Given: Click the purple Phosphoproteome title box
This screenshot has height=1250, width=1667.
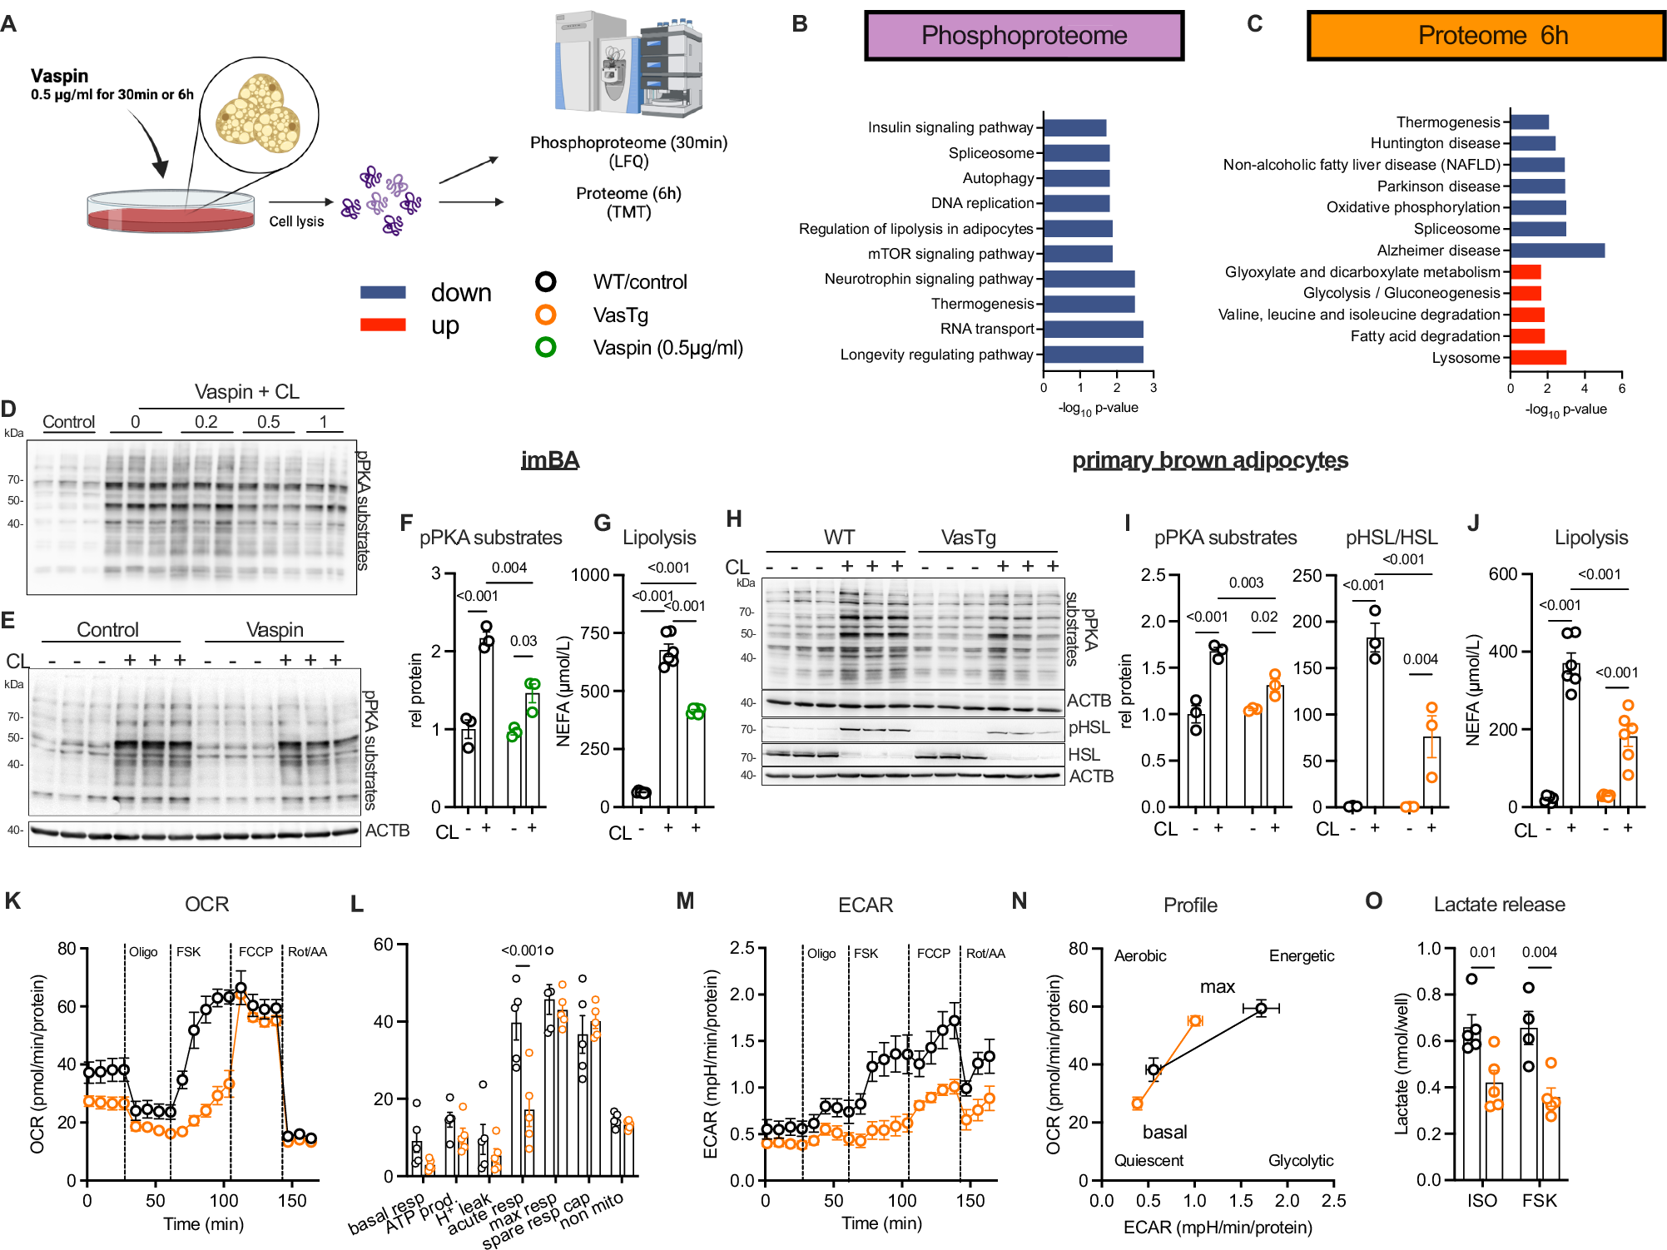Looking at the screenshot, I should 1024,36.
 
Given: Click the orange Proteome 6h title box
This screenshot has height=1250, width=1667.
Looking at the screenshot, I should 1486,36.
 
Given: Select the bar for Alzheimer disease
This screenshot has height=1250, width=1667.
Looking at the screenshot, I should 1557,250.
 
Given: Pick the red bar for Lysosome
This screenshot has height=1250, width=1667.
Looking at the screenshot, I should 1538,358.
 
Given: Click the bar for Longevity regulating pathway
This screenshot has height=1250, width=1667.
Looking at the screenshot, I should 1094,355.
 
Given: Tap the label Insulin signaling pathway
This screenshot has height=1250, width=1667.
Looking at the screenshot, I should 950,127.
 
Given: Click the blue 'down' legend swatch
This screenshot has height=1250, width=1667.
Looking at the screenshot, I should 383,292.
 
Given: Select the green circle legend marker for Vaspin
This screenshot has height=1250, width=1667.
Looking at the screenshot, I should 546,347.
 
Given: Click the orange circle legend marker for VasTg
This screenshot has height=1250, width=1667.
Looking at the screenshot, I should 546,315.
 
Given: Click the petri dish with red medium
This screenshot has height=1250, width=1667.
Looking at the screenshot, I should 171,213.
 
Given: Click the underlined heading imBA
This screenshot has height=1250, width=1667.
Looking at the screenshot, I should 550,460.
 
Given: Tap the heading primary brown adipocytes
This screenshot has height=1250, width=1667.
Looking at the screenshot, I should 1209,460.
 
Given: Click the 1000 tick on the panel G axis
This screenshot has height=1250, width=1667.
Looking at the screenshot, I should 591,575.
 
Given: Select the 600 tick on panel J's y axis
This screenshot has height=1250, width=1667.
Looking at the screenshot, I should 1503,574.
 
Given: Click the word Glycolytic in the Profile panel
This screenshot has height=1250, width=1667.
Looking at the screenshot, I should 1300,1160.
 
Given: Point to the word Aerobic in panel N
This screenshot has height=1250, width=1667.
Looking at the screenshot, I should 1140,956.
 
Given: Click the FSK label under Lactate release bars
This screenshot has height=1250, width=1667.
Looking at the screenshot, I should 1539,1201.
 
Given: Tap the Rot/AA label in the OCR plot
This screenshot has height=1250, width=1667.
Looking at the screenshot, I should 307,952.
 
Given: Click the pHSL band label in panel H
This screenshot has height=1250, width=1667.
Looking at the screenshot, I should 1089,727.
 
